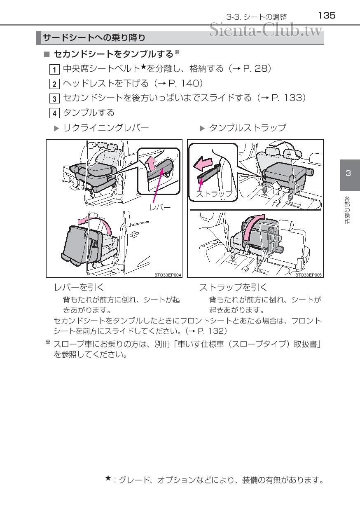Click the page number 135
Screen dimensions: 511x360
[327, 16]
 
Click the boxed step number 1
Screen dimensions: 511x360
[54, 69]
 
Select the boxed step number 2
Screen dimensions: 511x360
[54, 84]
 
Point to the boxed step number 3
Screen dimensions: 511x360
[54, 98]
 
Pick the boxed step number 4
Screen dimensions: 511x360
[54, 113]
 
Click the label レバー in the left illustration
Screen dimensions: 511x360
[160, 208]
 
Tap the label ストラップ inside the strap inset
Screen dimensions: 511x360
[214, 194]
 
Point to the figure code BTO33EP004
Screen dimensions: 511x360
[168, 274]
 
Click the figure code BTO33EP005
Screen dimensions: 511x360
[309, 274]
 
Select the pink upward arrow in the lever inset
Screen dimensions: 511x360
[152, 164]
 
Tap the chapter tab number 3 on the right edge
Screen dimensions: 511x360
[348, 173]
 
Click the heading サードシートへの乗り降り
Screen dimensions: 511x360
[94, 38]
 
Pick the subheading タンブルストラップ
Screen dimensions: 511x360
[247, 128]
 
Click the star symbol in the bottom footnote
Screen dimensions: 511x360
[108, 478]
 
